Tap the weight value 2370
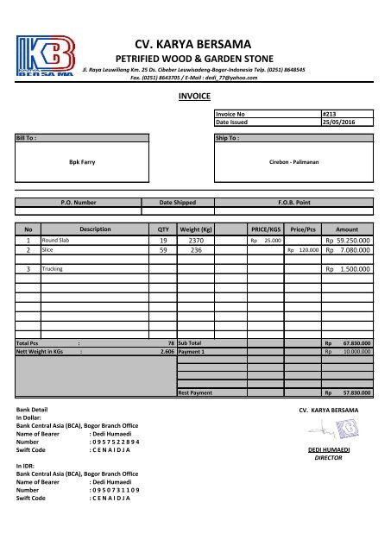click(195, 241)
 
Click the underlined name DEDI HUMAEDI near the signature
click(332, 450)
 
